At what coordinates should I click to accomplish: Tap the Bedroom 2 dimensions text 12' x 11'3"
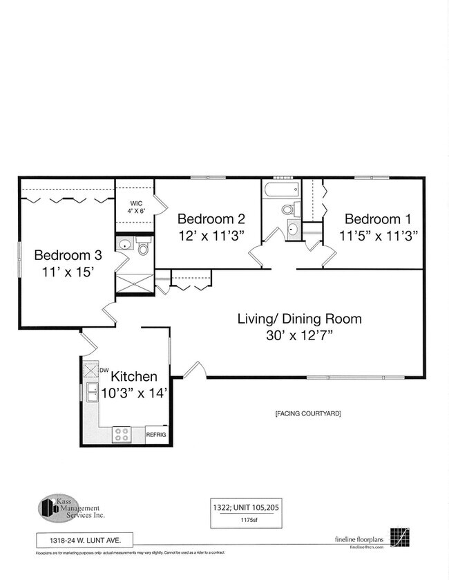[211, 236]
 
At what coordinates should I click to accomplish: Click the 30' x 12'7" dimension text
[299, 336]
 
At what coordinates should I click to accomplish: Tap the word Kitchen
[134, 377]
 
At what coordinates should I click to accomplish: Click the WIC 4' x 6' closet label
[135, 207]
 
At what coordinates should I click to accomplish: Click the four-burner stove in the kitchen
[122, 434]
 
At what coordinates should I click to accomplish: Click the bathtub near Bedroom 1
[281, 189]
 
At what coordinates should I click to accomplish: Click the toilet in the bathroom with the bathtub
[287, 209]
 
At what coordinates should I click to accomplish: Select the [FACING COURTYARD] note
[307, 414]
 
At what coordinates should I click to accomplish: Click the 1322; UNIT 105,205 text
[246, 507]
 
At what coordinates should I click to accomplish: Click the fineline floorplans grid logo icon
[399, 537]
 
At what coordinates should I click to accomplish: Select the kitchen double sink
[90, 392]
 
